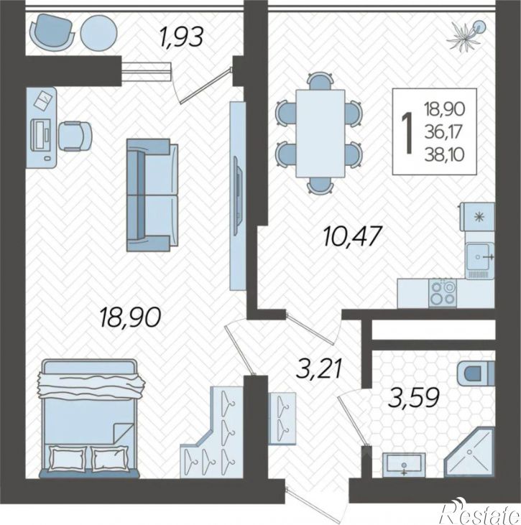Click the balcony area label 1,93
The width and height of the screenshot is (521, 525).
coord(182,37)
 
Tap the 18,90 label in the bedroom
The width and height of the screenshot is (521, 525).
coord(130,317)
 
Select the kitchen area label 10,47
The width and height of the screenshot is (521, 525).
coord(353,236)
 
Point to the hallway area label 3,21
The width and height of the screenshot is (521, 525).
coord(319,368)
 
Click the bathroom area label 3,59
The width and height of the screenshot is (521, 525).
coord(414,397)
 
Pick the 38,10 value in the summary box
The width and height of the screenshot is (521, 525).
coord(445,155)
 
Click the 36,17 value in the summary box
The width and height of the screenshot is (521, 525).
coord(444,132)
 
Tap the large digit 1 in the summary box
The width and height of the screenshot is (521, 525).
coord(407,133)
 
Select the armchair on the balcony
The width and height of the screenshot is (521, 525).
coord(52,32)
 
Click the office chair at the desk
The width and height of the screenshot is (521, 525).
coord(75,136)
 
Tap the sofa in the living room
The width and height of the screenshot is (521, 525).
coord(152,195)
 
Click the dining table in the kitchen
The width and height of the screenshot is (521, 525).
coord(321,133)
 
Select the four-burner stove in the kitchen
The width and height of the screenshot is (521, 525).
coord(443,293)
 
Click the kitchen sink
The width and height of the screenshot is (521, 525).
coord(479,257)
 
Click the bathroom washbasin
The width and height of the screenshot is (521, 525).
coord(404,465)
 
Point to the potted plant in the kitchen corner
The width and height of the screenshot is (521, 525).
coord(466,36)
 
